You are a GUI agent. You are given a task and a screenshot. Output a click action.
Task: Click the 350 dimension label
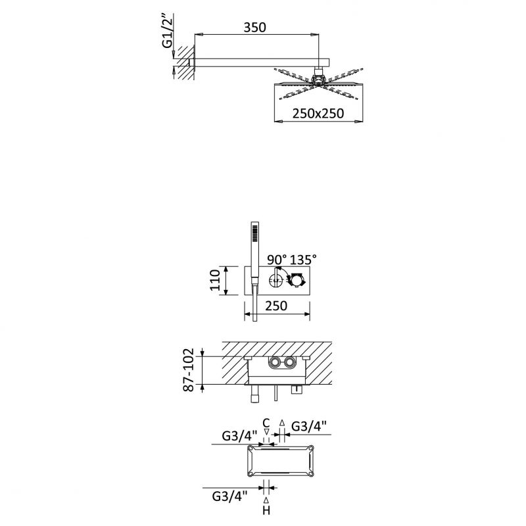(254, 28)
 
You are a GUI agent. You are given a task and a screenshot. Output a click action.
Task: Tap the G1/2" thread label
(168, 30)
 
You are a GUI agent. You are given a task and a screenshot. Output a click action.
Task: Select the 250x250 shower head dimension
(318, 113)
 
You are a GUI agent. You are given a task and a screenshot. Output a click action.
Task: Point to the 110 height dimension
(215, 281)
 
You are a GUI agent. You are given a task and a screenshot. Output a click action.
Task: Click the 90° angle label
(277, 259)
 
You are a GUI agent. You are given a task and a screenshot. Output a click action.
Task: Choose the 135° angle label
(303, 259)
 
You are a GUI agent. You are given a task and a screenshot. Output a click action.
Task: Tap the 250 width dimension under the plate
(276, 306)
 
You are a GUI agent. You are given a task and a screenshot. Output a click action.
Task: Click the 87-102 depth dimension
(189, 370)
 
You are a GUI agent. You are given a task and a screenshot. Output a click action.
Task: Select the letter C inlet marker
(266, 423)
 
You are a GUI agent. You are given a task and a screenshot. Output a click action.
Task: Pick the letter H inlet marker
(266, 510)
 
